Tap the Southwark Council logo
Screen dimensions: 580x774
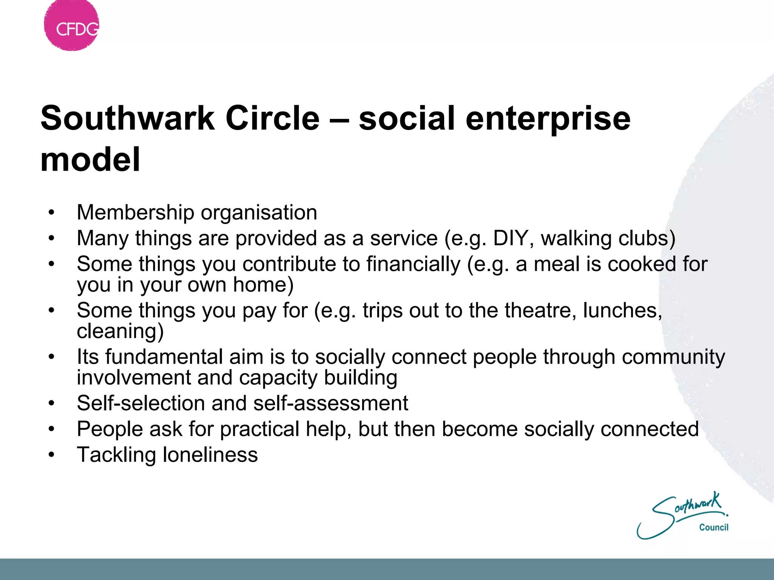[683, 515]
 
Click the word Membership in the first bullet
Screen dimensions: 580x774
[135, 213]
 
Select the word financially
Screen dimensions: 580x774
[413, 264]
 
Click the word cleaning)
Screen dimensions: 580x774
[120, 331]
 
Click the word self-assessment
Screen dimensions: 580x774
[331, 403]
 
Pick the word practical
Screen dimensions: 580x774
[260, 429]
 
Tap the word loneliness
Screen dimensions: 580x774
[210, 455]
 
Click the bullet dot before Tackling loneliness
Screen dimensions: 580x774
[52, 455]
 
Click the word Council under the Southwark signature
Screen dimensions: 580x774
[714, 528]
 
